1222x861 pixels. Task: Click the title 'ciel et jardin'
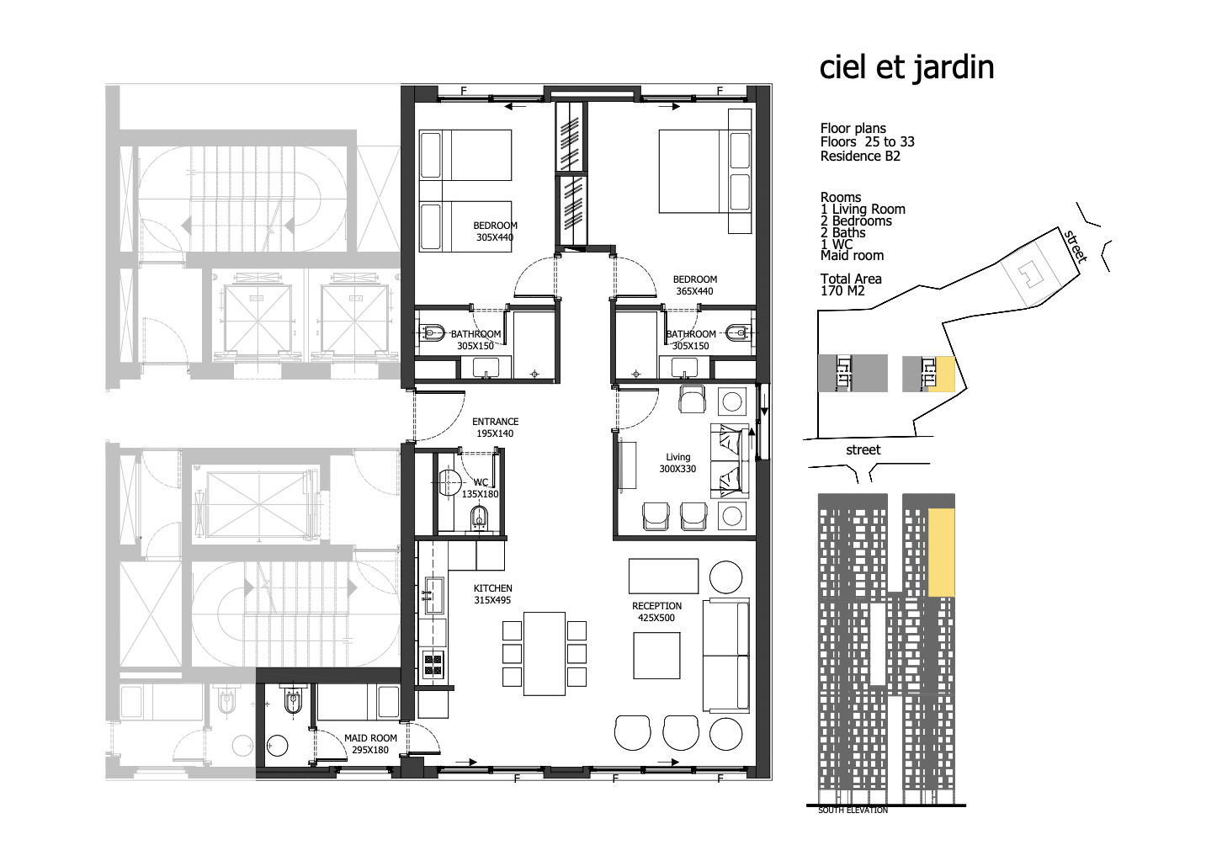[906, 68]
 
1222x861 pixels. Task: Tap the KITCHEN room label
[492, 588]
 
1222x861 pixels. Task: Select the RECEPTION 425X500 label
[656, 612]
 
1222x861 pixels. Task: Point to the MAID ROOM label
[370, 737]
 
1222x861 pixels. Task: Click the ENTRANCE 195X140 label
[496, 428]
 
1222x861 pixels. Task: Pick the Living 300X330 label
[677, 463]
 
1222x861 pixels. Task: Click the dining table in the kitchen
[544, 654]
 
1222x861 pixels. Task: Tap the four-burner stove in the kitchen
[433, 665]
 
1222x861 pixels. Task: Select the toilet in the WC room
[479, 518]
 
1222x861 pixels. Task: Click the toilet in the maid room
[293, 700]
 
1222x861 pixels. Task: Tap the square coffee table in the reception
[656, 656]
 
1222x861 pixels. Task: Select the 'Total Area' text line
[851, 279]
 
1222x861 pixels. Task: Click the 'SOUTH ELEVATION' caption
[853, 811]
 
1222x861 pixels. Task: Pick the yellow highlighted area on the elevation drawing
[942, 552]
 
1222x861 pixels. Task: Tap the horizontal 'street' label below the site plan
[863, 450]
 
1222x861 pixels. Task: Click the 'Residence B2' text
[860, 156]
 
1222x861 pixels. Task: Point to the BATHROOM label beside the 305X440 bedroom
[476, 334]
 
